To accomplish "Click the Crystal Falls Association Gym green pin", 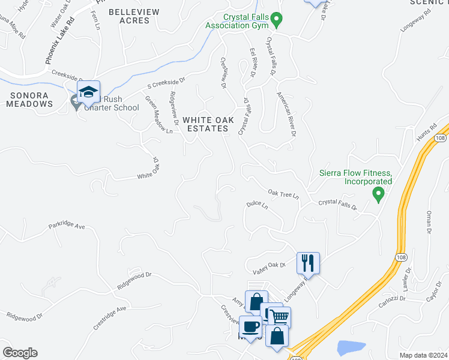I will [276, 20].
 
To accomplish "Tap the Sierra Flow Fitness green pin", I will [378, 194].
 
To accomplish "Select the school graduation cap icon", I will [88, 92].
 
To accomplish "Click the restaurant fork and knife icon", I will [308, 262].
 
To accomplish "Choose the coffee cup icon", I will [250, 326].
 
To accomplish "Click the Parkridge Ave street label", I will [68, 226].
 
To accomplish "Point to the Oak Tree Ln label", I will [283, 194].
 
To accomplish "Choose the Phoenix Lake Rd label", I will [60, 41].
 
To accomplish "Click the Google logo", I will [20, 353].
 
